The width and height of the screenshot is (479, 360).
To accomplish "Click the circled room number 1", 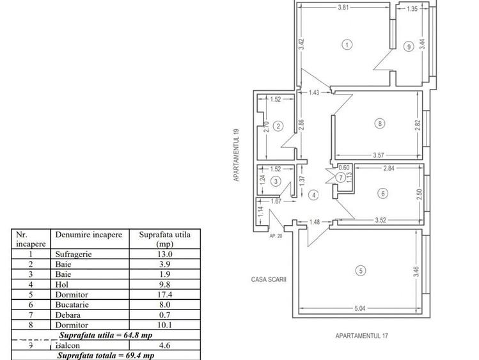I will point(347,45).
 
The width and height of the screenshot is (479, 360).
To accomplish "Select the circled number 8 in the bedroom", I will point(381,124).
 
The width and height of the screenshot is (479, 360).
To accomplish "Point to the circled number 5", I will point(361,271).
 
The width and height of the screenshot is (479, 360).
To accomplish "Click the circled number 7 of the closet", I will point(341,176).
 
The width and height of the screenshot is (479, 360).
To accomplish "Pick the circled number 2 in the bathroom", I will point(278,126).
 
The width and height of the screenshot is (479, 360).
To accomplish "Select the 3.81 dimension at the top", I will point(342,9).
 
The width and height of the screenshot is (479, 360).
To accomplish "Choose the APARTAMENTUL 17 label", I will point(362,336).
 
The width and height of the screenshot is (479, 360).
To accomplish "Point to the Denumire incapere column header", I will point(88,235).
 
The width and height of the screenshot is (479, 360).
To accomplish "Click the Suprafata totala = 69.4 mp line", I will point(106,356).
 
